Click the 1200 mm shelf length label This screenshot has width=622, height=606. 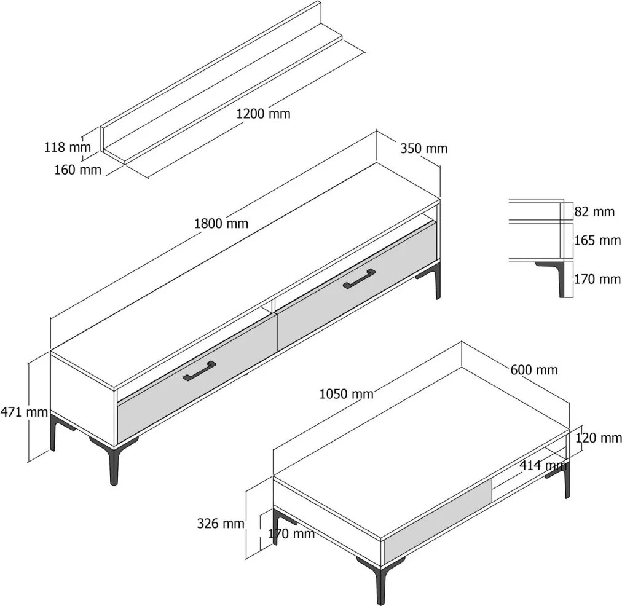pyautogui.click(x=264, y=114)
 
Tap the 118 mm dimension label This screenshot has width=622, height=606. pyautogui.click(x=67, y=147)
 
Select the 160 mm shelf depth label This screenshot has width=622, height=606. pyautogui.click(x=77, y=170)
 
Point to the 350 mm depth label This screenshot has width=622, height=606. pyautogui.click(x=423, y=148)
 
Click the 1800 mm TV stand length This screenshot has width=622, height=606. pyautogui.click(x=221, y=224)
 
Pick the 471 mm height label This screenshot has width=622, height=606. pyautogui.click(x=24, y=412)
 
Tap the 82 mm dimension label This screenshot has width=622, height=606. pyautogui.click(x=594, y=212)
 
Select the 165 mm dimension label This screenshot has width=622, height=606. pyautogui.click(x=597, y=240)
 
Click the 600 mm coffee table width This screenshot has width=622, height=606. pyautogui.click(x=534, y=370)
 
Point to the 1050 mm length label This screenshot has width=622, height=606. pyautogui.click(x=346, y=394)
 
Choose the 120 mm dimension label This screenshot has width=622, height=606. pyautogui.click(x=598, y=438)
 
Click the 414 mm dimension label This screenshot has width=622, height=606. pyautogui.click(x=543, y=465)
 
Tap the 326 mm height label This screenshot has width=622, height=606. pyautogui.click(x=221, y=524)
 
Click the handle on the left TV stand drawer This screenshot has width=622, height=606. pyautogui.click(x=200, y=371)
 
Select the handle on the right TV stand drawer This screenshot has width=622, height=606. pyautogui.click(x=360, y=278)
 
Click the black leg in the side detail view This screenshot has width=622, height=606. pyautogui.click(x=556, y=275)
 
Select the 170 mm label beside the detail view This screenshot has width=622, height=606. pyautogui.click(x=597, y=279)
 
